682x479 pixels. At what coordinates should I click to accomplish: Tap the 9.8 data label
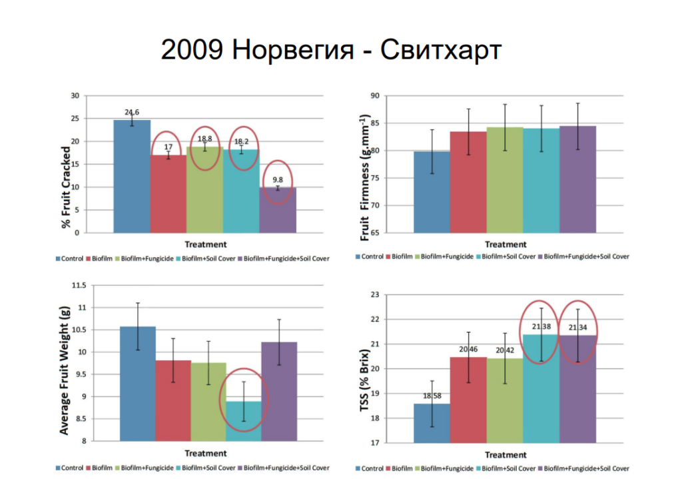pos(277,179)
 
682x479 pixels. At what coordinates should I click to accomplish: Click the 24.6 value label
pos(132,112)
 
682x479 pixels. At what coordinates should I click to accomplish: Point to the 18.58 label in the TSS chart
pos(432,396)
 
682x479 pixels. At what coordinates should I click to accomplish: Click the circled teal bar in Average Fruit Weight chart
pos(244,420)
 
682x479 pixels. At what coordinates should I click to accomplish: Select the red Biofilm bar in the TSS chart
pos(468,400)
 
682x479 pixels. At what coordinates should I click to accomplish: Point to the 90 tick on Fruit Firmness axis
pos(374,96)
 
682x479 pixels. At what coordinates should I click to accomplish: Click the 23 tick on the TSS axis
pos(374,294)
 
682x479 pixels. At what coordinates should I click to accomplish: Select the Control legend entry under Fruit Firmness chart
pos(370,256)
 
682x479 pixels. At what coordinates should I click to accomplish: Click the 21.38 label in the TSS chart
pos(541,327)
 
